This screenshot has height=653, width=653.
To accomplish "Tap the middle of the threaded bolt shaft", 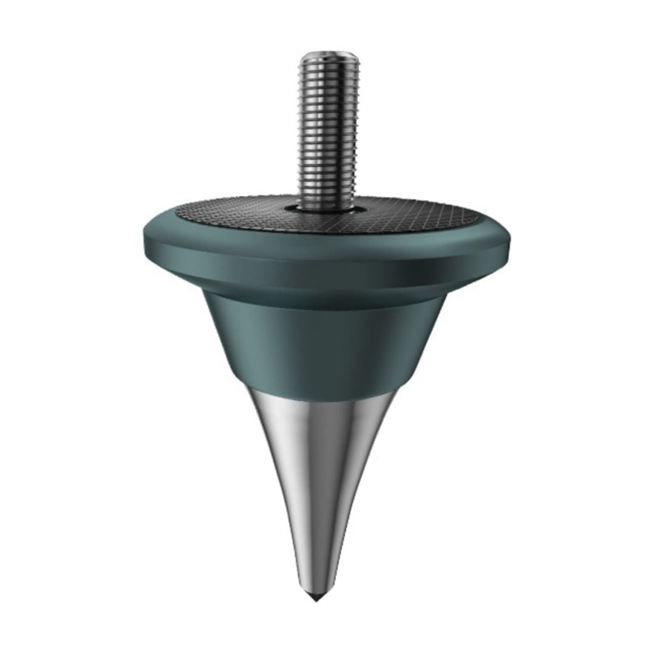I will click(330, 128).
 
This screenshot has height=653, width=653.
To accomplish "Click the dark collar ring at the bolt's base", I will click(330, 209).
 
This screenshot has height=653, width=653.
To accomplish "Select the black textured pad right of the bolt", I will click(421, 214).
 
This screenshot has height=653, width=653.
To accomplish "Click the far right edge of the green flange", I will click(514, 241).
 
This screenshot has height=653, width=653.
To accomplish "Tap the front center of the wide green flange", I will click(328, 268).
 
